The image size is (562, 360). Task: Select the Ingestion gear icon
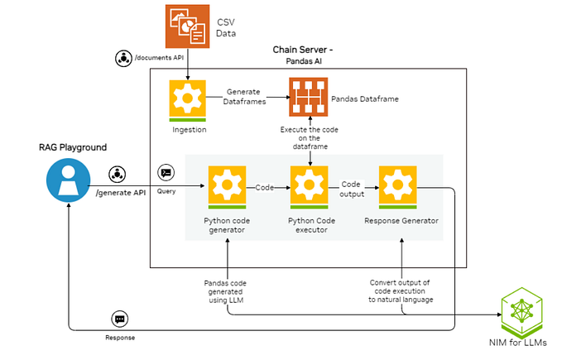point(187,100)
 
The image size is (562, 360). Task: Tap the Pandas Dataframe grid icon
point(307,98)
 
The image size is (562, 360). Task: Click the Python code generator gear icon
point(227,187)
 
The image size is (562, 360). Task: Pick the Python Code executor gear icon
point(309,187)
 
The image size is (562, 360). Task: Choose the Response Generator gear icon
point(396,187)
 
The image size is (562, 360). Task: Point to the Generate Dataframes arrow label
point(246,94)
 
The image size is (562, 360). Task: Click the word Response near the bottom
point(119,338)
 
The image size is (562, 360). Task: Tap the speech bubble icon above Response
point(119,319)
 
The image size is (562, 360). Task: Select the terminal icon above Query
point(166,172)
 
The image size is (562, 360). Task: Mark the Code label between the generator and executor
point(265,186)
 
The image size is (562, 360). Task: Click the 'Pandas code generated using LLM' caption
point(225,291)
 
